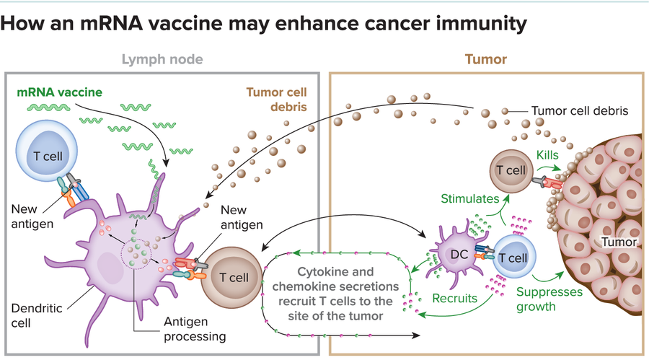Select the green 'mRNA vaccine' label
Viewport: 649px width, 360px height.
tap(60, 92)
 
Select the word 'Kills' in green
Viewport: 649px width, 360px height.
tap(547, 156)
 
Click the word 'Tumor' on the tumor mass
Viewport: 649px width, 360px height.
tap(621, 242)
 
